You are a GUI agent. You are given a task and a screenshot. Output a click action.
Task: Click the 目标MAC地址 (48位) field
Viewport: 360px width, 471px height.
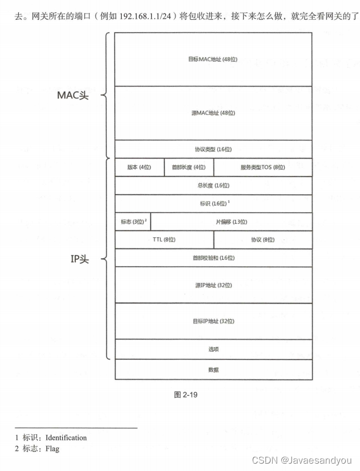point(213,59)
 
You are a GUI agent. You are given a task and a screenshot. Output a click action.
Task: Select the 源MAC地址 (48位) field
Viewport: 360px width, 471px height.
point(213,113)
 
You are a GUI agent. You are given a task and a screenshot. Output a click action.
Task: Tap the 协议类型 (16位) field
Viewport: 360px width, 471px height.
point(213,149)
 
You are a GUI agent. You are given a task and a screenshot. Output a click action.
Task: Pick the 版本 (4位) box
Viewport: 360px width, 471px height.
point(139,168)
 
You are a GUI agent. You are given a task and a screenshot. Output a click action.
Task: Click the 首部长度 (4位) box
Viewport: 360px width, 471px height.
point(188,168)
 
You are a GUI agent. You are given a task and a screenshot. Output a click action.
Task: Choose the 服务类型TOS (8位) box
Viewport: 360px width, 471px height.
point(263,168)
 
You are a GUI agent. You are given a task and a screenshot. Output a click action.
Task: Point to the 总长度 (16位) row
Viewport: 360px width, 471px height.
point(213,185)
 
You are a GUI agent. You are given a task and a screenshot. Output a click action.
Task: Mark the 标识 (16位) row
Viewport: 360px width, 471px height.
point(213,203)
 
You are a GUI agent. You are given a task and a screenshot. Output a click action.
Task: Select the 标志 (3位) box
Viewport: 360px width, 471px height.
point(132,222)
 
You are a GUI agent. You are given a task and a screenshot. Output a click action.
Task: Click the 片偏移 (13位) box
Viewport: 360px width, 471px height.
point(231,222)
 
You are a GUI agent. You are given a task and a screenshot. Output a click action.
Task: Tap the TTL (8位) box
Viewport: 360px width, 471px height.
point(164,239)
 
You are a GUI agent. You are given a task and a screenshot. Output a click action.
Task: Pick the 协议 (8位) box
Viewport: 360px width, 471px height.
point(263,239)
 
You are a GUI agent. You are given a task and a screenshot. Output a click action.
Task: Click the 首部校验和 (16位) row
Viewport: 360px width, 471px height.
point(213,258)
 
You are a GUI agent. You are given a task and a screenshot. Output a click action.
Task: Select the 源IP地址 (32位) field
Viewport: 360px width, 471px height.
point(213,285)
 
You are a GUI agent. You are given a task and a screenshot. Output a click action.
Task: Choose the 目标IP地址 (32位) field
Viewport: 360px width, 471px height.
point(213,321)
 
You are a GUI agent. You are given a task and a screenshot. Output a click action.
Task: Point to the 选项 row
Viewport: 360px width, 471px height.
point(213,349)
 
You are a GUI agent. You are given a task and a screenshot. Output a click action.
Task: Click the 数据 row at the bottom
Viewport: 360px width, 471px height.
point(213,370)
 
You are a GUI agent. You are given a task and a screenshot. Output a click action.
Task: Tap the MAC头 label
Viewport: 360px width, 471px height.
point(73,95)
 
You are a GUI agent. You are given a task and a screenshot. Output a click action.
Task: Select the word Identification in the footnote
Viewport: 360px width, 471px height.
point(66,438)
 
